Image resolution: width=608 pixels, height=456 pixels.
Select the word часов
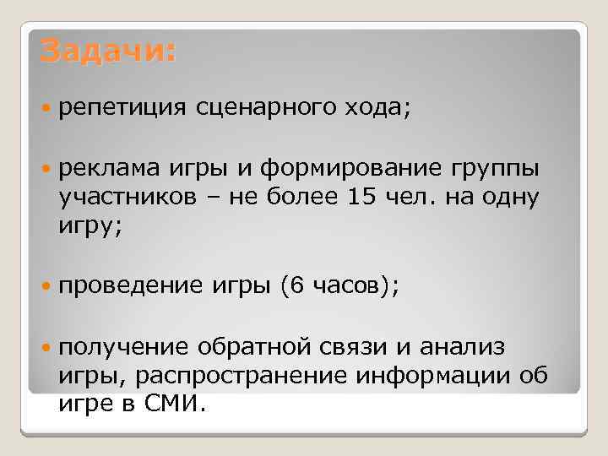[x=347, y=287]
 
